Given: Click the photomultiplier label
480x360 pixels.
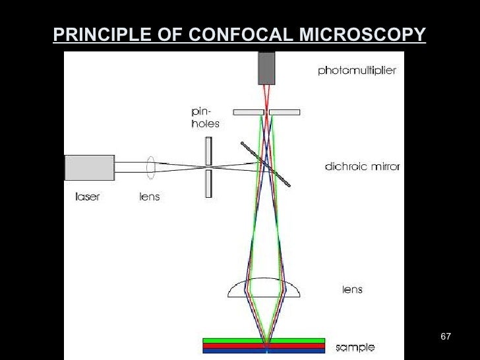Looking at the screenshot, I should (357, 71).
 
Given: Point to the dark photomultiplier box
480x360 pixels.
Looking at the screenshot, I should (266, 68).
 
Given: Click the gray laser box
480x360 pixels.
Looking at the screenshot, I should (89, 167).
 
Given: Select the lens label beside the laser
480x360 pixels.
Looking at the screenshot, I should (149, 197).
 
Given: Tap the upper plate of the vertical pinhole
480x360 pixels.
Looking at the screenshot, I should (208, 150).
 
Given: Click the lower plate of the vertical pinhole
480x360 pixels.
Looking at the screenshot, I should (208, 183).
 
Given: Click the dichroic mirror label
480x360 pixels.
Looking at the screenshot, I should (362, 167).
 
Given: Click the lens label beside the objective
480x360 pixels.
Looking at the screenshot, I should (352, 289).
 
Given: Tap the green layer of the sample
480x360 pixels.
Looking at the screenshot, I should (264, 341).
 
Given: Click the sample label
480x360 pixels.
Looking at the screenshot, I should (355, 347).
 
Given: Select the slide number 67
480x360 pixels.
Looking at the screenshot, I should (445, 338).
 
